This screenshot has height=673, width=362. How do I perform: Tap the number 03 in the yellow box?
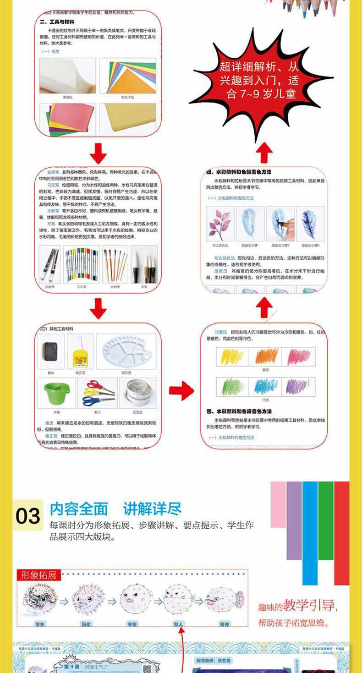tap(28, 516)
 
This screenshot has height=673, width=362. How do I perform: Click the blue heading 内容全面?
tap(79, 509)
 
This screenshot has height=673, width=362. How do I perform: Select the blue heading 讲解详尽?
tap(152, 509)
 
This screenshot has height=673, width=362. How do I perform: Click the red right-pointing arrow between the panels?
tap(181, 390)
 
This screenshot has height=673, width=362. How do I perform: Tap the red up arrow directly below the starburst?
tap(263, 152)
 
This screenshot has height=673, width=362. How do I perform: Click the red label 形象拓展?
tap(39, 575)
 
